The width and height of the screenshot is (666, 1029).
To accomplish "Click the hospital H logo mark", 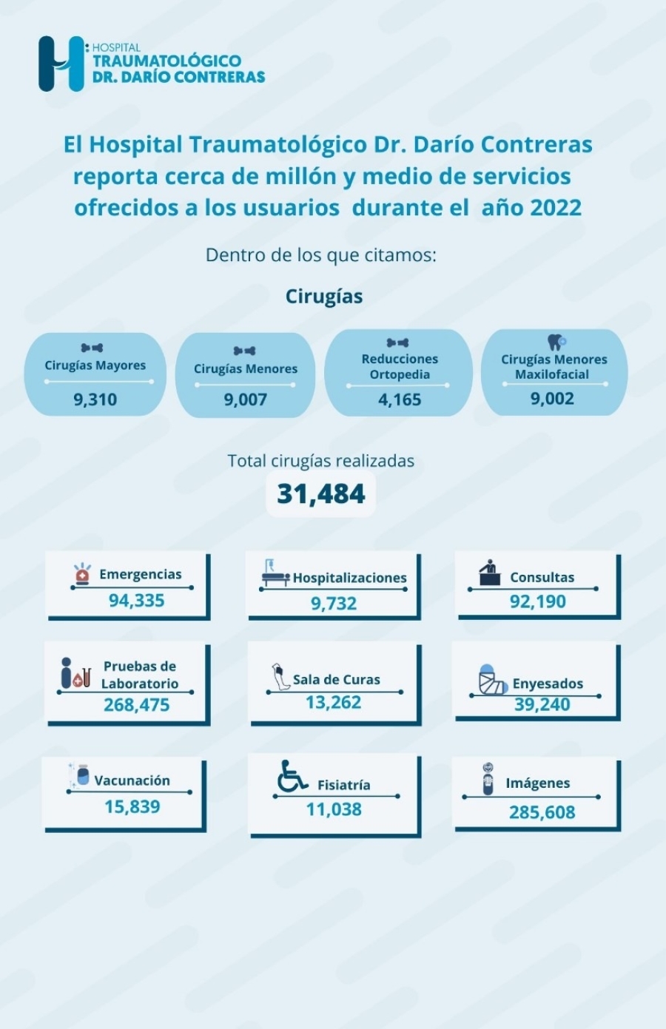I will [61, 64].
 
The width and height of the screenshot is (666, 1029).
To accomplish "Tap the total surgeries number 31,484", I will [321, 493].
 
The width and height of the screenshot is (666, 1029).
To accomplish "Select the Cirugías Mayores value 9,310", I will [95, 399].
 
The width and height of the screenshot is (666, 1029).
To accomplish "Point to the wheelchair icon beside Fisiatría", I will [292, 776].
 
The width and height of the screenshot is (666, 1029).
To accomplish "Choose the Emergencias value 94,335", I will [136, 600].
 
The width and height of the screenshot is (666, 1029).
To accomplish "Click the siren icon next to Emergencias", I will [82, 573].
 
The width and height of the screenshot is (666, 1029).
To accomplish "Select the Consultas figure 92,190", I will [537, 601].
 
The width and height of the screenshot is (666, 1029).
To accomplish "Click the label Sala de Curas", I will [336, 679].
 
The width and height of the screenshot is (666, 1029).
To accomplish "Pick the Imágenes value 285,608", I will [542, 812].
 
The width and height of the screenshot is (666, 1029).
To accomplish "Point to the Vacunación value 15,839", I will [132, 806].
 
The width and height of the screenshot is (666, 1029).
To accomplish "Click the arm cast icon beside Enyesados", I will [492, 680].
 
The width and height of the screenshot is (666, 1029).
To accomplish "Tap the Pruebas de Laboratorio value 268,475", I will [136, 705].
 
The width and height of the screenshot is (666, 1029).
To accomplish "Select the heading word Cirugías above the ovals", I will [324, 297].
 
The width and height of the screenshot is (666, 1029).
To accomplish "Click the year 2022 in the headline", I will [551, 207].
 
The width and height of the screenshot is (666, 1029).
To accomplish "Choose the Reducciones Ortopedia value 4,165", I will [400, 399].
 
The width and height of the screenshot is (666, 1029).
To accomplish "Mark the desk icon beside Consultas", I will [488, 573].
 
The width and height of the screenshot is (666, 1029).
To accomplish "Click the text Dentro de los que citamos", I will [321, 255].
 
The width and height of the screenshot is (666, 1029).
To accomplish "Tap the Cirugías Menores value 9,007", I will [245, 399].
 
